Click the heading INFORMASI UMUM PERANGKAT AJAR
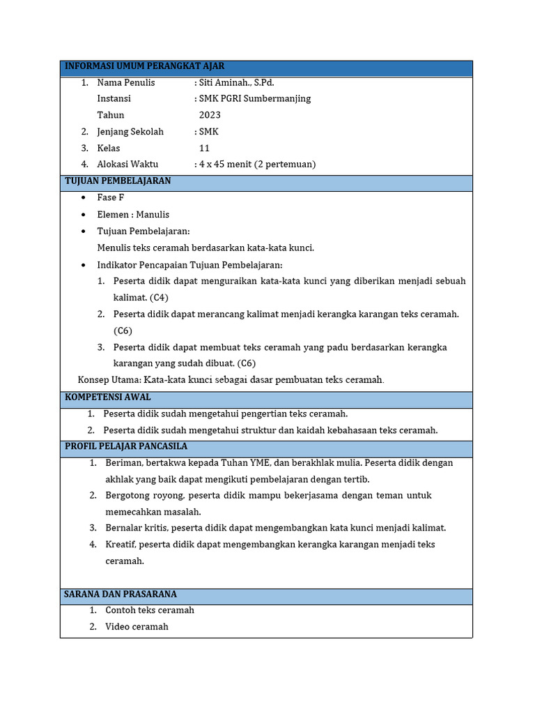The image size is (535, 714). click(144, 66)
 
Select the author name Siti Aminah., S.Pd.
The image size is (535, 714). click(236, 82)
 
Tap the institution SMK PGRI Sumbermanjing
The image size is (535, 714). click(255, 98)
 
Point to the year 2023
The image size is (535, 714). click(210, 115)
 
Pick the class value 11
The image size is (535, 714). click(204, 148)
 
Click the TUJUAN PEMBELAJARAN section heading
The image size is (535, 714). click(118, 181)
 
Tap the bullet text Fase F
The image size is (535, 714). click(111, 198)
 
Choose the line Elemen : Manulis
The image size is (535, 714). click(133, 215)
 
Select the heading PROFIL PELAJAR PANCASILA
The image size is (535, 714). click(126, 446)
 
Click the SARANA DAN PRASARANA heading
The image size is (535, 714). click(121, 594)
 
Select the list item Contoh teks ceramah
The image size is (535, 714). click(149, 610)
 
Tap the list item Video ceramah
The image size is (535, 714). click(137, 627)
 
